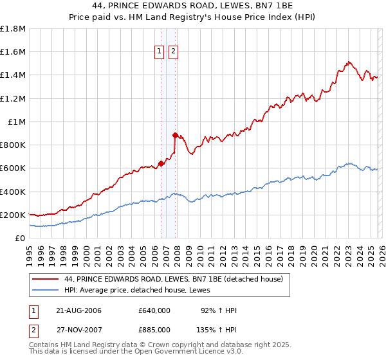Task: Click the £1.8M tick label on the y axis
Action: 13,29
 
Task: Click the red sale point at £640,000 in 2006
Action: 161,163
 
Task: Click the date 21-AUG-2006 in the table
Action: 77,310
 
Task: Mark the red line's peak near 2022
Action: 348,62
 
